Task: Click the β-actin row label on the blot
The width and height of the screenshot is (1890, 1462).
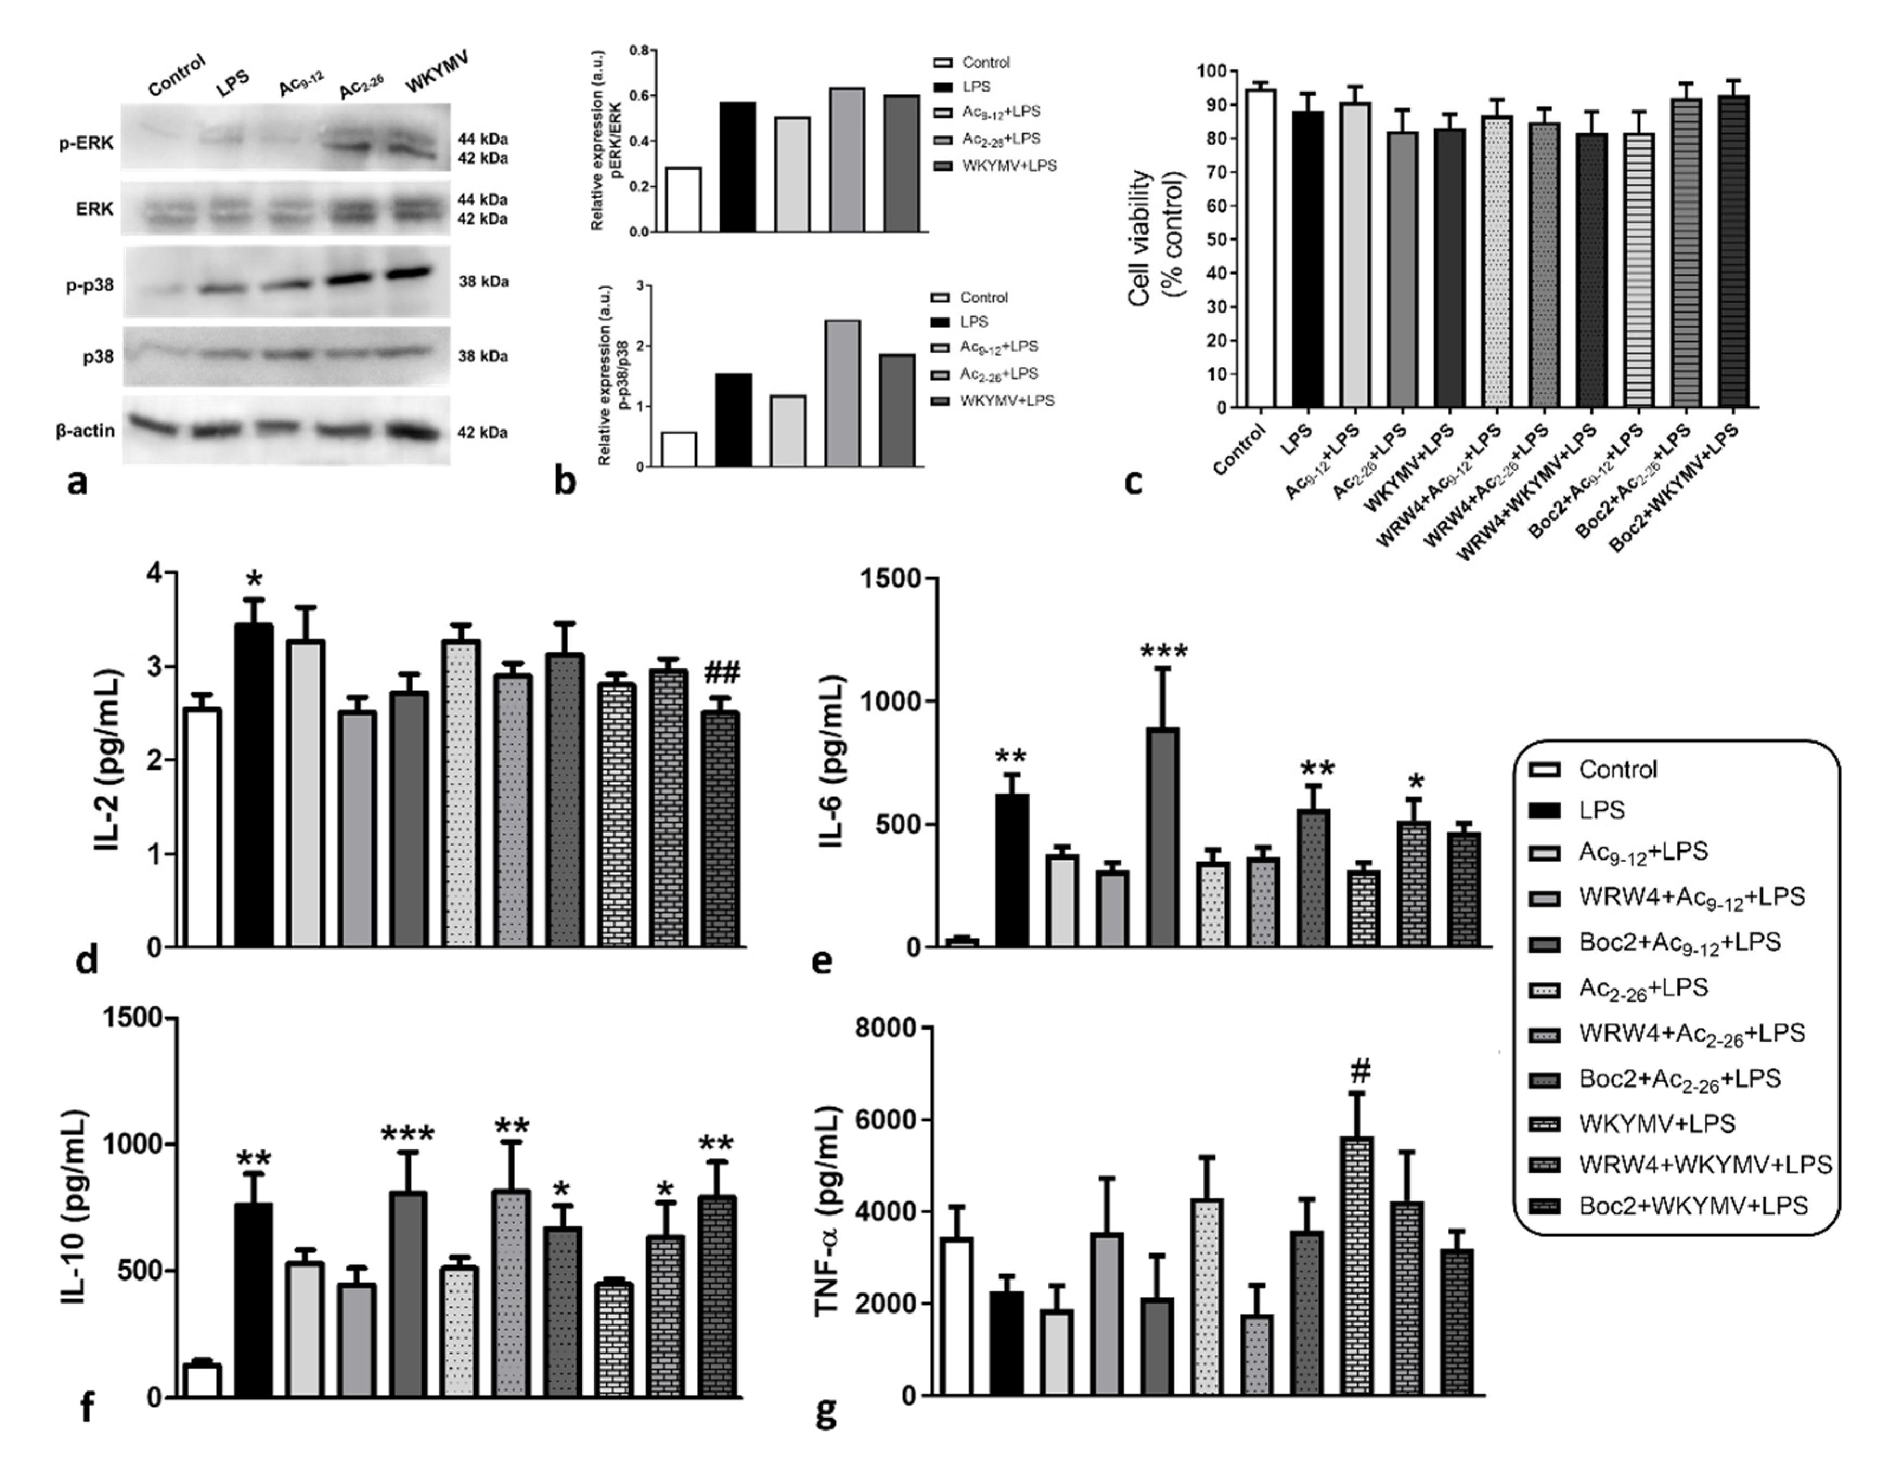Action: (85, 430)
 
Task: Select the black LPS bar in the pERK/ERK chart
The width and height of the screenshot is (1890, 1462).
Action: (737, 167)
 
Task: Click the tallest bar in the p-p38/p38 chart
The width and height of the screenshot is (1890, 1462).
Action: (842, 394)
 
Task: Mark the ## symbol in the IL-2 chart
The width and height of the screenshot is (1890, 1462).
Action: (722, 672)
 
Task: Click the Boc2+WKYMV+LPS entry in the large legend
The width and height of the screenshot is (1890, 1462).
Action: (1692, 1206)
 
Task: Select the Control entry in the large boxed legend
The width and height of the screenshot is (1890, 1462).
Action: (1616, 769)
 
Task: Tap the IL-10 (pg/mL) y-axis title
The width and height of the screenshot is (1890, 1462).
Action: (76, 1207)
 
